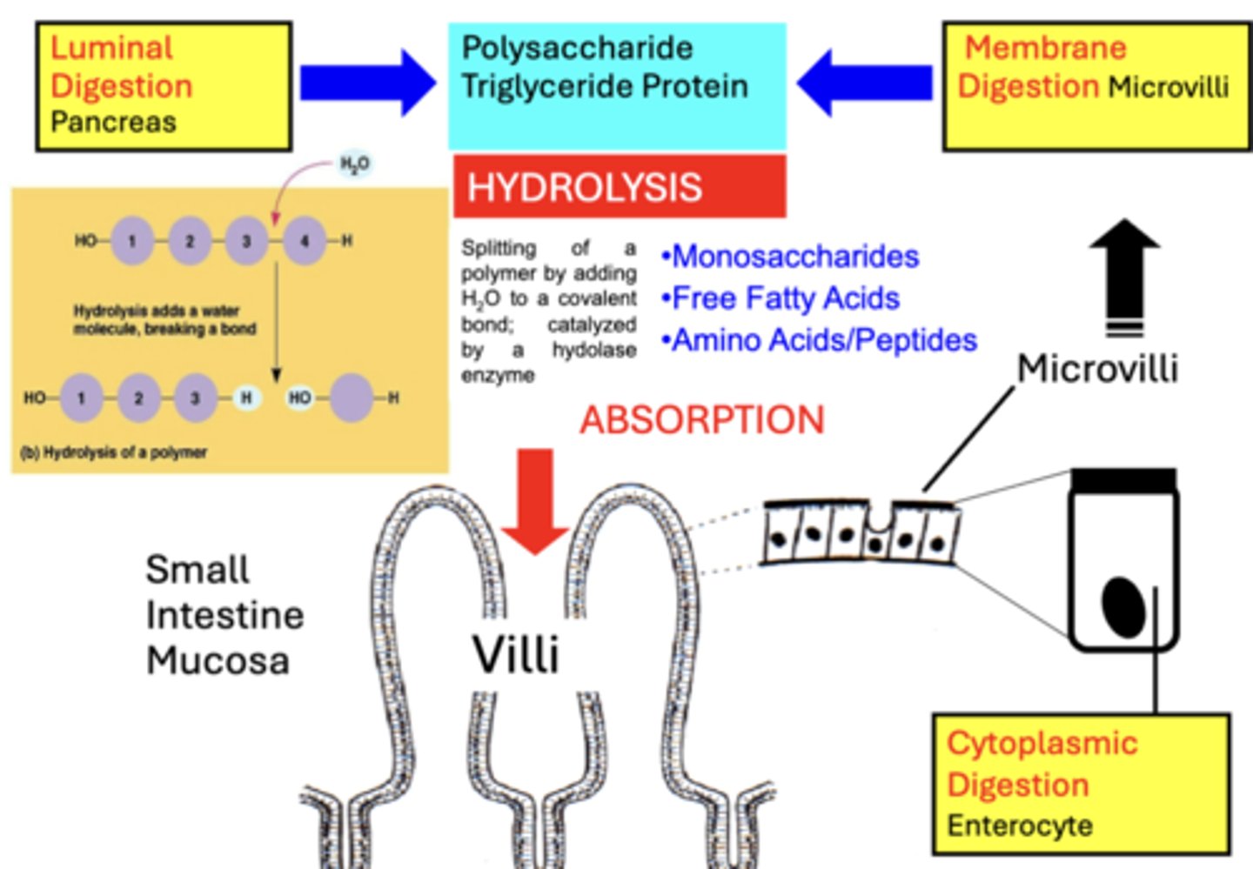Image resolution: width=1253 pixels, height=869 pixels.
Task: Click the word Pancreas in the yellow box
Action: tap(113, 122)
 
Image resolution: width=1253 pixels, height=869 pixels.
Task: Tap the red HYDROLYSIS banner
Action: tap(619, 187)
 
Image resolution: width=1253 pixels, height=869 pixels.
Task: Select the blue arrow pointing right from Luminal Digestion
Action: tap(366, 83)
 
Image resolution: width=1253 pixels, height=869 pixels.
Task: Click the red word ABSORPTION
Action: tap(701, 420)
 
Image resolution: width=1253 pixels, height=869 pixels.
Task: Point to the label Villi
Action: tap(515, 655)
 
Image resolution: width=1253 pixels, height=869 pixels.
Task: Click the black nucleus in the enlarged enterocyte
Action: tap(1123, 606)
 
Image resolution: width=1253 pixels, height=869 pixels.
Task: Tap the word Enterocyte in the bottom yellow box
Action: tap(1020, 825)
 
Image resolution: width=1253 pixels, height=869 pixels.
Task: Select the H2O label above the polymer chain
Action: tap(354, 164)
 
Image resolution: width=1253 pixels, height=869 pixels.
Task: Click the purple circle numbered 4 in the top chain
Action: tap(305, 240)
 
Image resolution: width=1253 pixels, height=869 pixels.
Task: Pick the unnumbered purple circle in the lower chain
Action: tap(352, 398)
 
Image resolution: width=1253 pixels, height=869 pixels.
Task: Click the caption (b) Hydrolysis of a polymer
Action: tap(113, 452)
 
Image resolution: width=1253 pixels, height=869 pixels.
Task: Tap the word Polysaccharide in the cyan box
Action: tap(577, 48)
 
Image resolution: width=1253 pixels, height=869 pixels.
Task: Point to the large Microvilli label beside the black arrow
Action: tap(1097, 369)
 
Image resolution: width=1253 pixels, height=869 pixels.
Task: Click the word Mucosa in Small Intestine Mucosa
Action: tap(218, 660)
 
